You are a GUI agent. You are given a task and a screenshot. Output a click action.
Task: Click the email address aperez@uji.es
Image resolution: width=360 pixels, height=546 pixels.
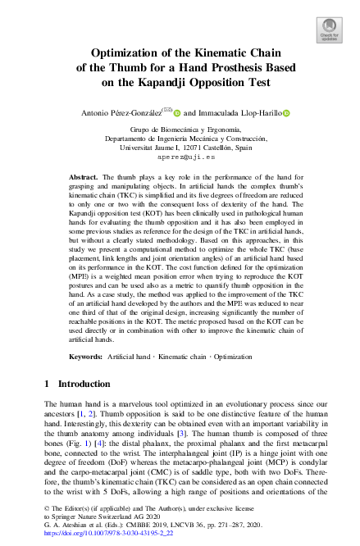(180, 157)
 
